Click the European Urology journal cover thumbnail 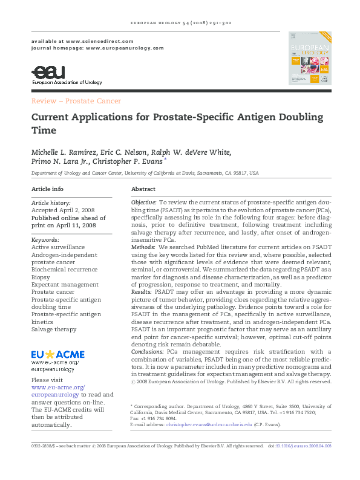pos(310,58)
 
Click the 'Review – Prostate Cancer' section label pos(76,101)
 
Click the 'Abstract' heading pos(143,189)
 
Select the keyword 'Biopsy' pos(41,276)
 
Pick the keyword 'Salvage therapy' pos(54,329)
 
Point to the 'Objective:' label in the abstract pos(143,201)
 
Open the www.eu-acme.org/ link pos(58,387)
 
